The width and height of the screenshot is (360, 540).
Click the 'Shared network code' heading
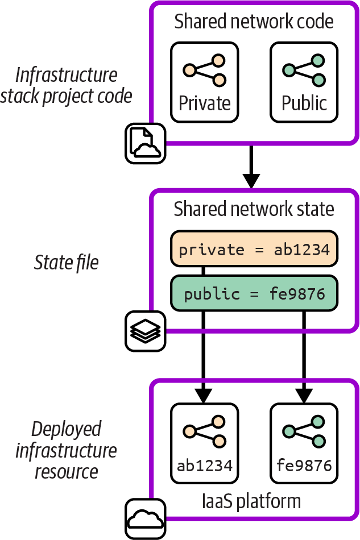pyautogui.click(x=254, y=22)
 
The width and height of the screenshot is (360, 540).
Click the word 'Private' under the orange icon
pyautogui.click(x=205, y=103)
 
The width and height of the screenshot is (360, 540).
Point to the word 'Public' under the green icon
pyautogui.click(x=304, y=103)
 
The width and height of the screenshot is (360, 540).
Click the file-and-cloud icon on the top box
pyautogui.click(x=145, y=143)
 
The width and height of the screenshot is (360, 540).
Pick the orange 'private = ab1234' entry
pyautogui.click(x=254, y=250)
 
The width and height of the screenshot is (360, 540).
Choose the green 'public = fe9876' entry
pyautogui.click(x=254, y=294)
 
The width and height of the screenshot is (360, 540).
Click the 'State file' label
pyautogui.click(x=67, y=263)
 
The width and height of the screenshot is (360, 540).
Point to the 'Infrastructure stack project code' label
pyautogui.click(x=67, y=85)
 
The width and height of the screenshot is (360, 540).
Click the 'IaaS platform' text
pyautogui.click(x=251, y=501)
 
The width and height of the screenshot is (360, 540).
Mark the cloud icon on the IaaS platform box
pyautogui.click(x=145, y=518)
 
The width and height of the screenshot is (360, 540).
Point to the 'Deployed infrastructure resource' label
pyautogui.click(x=67, y=450)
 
